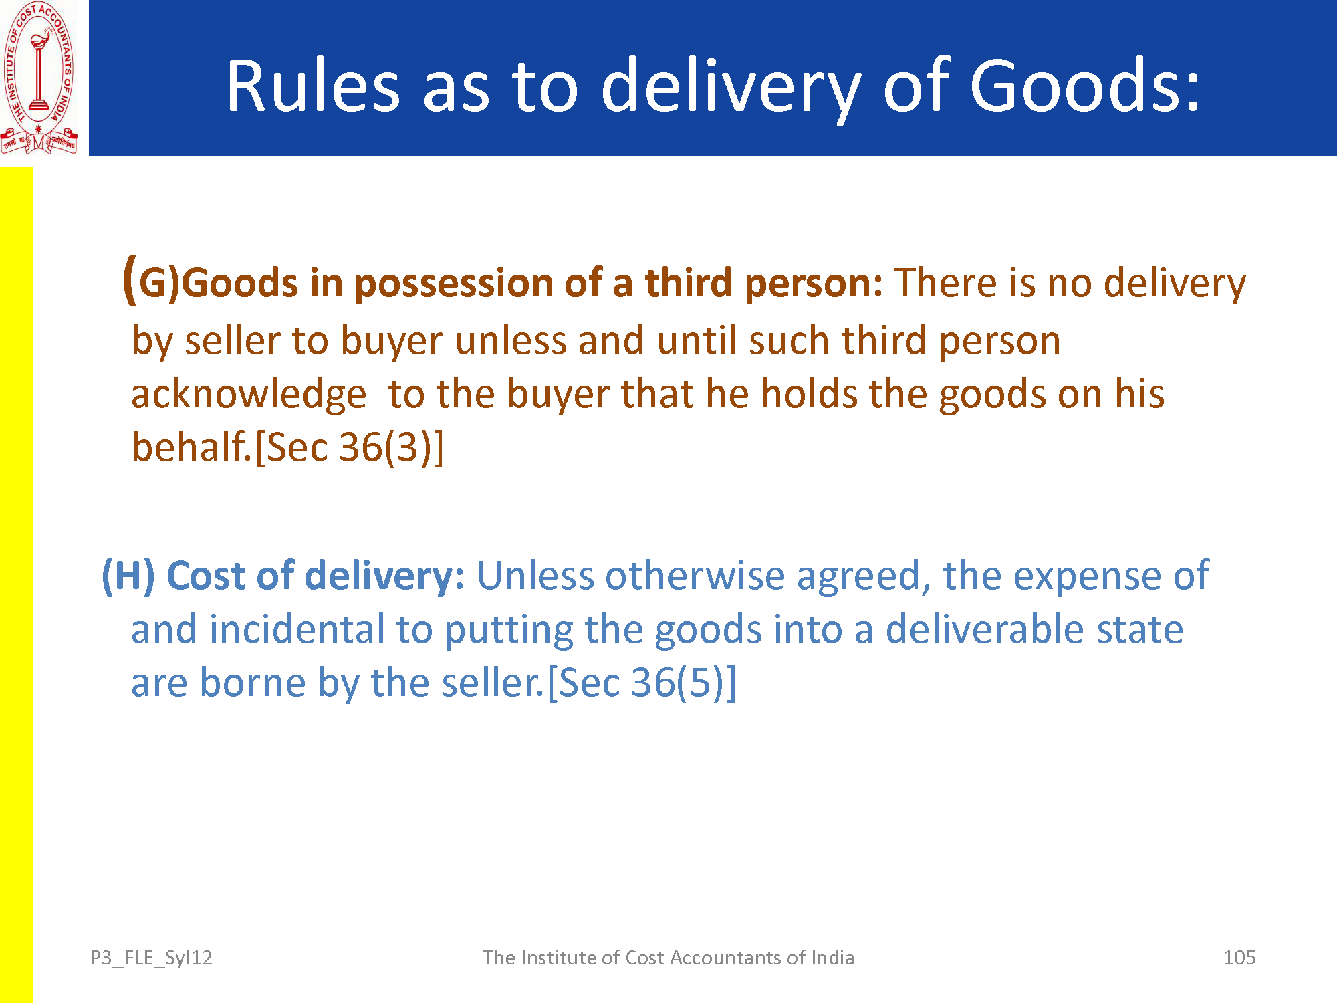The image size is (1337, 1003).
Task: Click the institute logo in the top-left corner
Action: (x=39, y=78)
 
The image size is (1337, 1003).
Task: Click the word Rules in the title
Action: (x=314, y=86)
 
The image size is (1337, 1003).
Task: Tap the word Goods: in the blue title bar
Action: (x=1085, y=86)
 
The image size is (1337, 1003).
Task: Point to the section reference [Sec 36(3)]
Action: (x=350, y=447)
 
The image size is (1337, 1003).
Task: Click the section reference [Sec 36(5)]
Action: (x=642, y=683)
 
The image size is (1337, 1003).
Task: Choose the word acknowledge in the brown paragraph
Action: (x=249, y=395)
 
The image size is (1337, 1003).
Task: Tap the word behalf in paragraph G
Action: (x=190, y=446)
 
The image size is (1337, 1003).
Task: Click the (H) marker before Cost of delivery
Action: (x=128, y=576)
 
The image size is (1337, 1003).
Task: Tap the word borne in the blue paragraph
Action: (x=253, y=683)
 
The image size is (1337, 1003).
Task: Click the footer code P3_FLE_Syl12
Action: (x=151, y=958)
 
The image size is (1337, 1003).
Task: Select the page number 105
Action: (x=1239, y=958)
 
